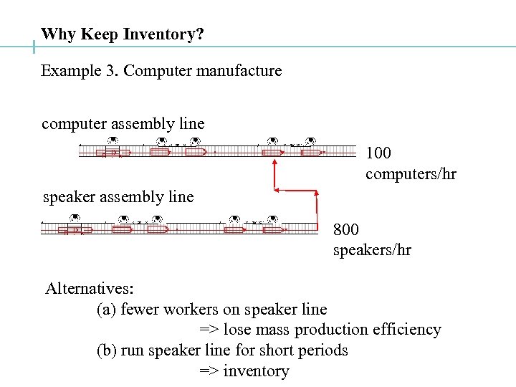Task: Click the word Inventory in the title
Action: tap(158, 34)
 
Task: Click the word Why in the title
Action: tap(59, 34)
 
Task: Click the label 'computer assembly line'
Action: tap(123, 124)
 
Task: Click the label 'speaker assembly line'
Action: tap(118, 196)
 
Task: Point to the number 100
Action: tap(378, 153)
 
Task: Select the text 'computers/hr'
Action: tap(411, 174)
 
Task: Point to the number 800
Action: tap(346, 229)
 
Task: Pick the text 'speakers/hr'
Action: tap(372, 250)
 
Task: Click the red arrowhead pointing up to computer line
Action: tap(274, 164)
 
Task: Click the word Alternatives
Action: tap(89, 289)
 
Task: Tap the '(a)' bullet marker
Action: tap(107, 310)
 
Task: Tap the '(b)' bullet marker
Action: tap(107, 350)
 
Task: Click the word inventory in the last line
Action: tap(256, 371)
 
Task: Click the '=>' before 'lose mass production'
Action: tap(209, 330)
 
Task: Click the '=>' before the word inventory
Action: tap(209, 371)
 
